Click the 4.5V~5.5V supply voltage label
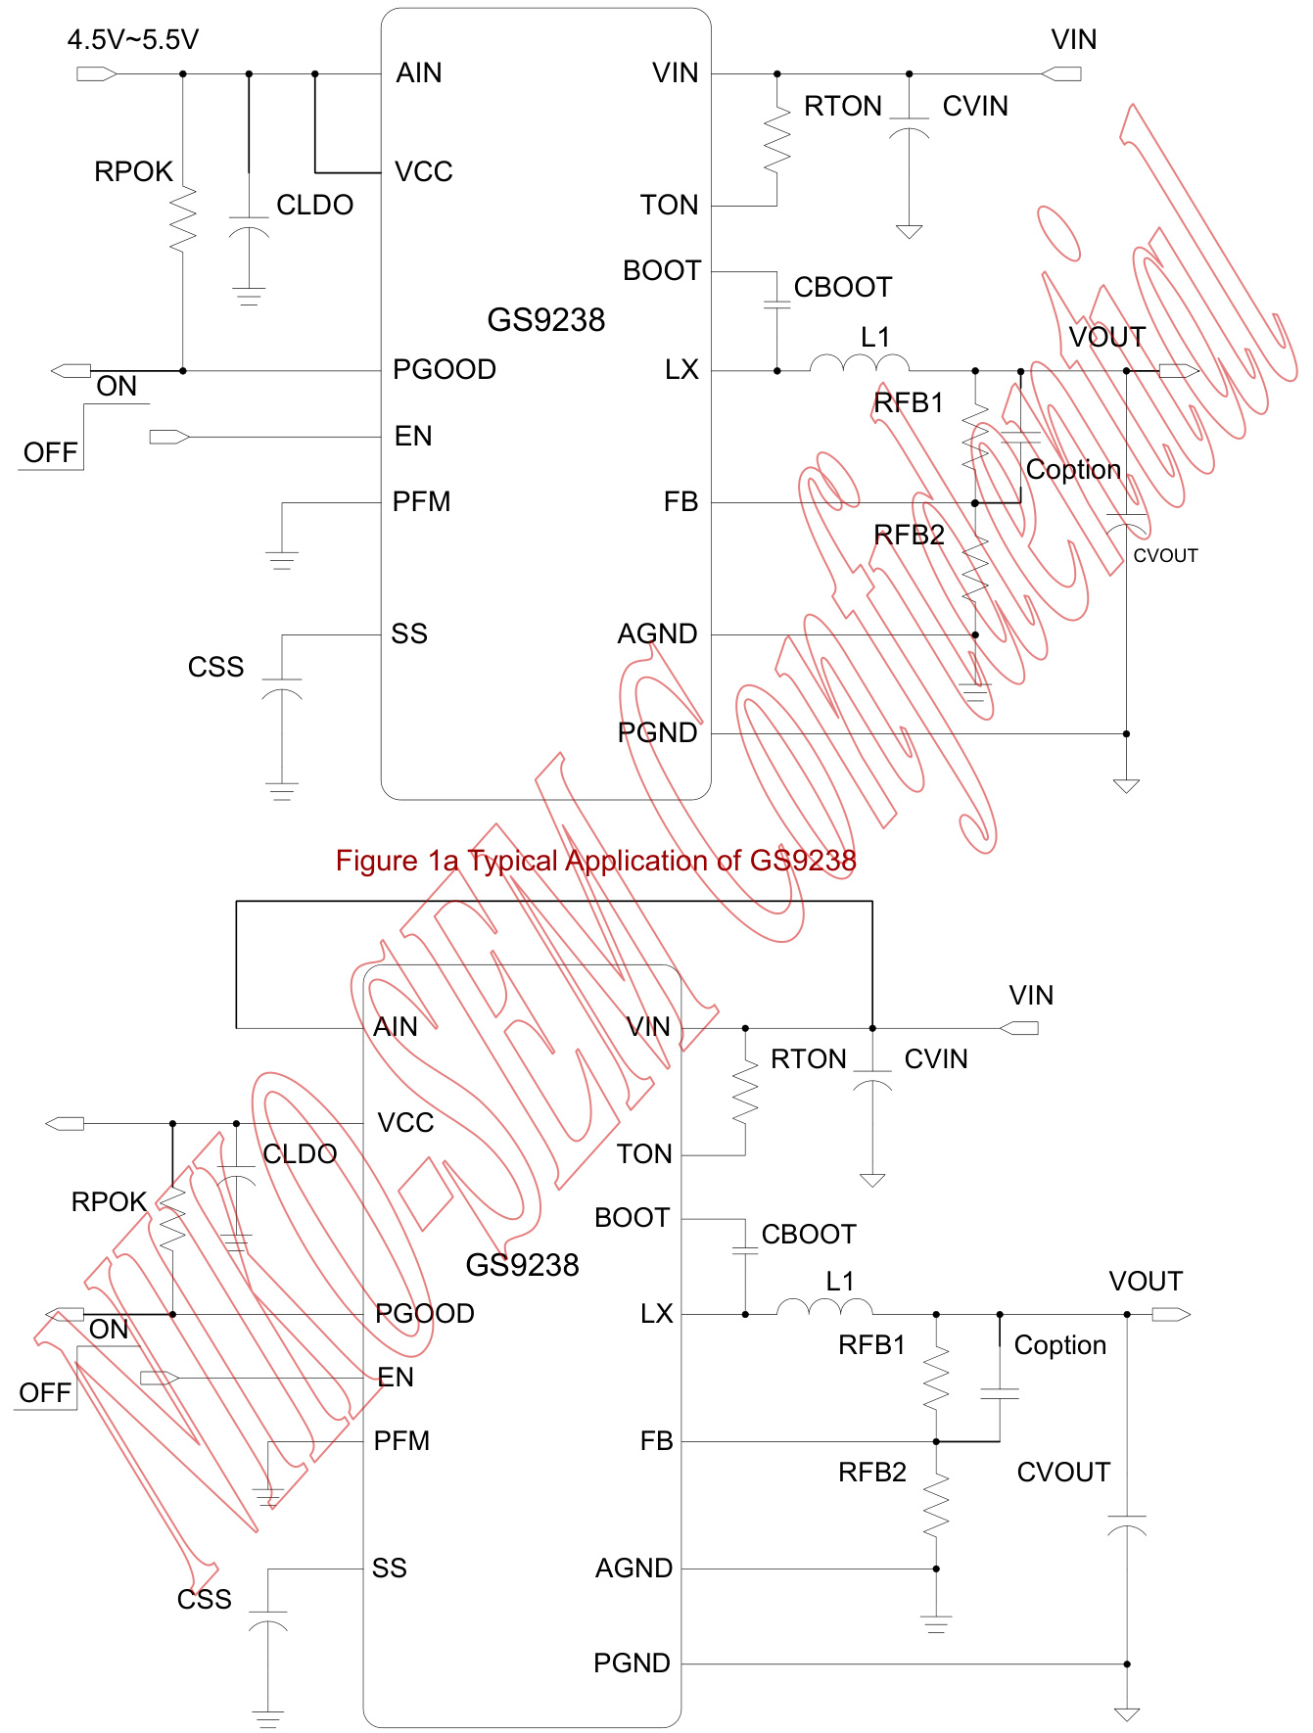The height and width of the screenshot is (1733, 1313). coord(132,40)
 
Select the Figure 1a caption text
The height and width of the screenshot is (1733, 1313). coord(595,861)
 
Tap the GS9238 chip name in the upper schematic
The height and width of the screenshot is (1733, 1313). coord(545,320)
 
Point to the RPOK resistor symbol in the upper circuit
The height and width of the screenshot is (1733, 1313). coord(183,220)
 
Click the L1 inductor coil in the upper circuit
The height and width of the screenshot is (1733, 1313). coord(859,364)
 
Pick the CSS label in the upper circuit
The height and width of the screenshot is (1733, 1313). coord(215,668)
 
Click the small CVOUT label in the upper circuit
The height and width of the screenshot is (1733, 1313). coord(1165,556)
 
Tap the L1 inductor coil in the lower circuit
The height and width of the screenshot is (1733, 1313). coord(824,1307)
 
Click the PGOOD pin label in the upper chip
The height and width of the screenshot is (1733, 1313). coord(445,370)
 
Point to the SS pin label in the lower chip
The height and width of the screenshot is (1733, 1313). coord(390,1569)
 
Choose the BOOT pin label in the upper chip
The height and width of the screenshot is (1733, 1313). coord(662,271)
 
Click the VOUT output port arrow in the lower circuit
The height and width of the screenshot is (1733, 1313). coord(1171,1315)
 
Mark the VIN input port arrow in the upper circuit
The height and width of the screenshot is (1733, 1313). coord(1061,73)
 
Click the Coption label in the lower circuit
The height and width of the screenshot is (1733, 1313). coord(1060,1345)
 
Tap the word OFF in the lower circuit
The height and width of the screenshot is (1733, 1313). coord(45,1393)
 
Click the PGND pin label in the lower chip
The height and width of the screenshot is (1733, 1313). coord(632,1663)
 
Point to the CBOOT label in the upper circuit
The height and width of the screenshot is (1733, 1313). coord(843,288)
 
